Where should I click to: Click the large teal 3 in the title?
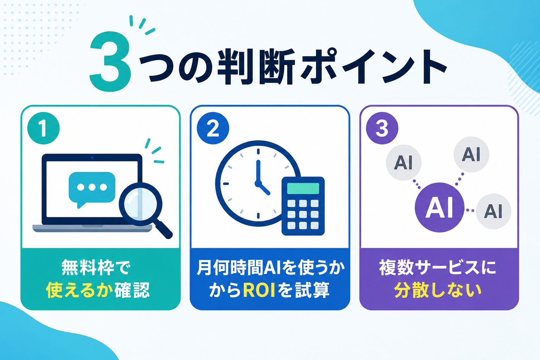[110, 62]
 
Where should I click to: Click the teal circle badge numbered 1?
[43, 128]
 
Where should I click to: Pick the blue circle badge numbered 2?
[213, 128]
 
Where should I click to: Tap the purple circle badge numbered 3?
[382, 128]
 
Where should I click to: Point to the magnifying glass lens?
[140, 204]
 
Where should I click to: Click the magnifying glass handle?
[164, 230]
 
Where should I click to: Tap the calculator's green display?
[303, 188]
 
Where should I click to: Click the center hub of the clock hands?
[258, 184]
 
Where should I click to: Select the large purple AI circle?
[439, 207]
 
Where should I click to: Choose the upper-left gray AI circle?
[404, 162]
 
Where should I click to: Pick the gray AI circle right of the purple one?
[494, 211]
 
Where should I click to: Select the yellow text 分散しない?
[438, 290]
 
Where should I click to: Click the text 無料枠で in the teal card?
[96, 268]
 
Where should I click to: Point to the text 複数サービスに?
[438, 268]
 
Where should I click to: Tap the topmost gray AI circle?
[471, 154]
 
